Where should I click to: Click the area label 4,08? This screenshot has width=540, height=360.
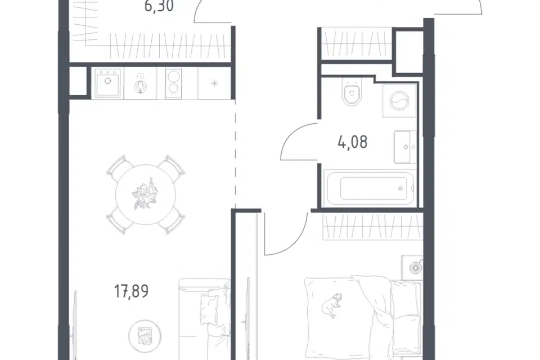(353, 142)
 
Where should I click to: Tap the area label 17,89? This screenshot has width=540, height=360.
(131, 291)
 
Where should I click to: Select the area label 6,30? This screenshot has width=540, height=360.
(159, 6)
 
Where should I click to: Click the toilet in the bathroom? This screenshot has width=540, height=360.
(352, 92)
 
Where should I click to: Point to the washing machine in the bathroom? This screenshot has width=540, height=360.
(399, 100)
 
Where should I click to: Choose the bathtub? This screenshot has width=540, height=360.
(370, 188)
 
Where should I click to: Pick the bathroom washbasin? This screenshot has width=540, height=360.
(405, 147)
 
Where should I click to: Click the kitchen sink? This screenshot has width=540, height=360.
(107, 83)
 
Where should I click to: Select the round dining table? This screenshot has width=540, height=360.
(145, 195)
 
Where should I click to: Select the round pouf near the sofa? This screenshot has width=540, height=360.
(145, 336)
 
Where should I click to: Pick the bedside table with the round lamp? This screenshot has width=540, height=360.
(412, 267)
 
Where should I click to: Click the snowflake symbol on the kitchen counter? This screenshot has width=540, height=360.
(214, 83)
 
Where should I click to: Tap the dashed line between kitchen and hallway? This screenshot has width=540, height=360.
(236, 154)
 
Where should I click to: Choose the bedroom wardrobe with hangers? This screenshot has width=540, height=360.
(372, 227)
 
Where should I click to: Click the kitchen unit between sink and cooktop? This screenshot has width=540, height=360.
(140, 83)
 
